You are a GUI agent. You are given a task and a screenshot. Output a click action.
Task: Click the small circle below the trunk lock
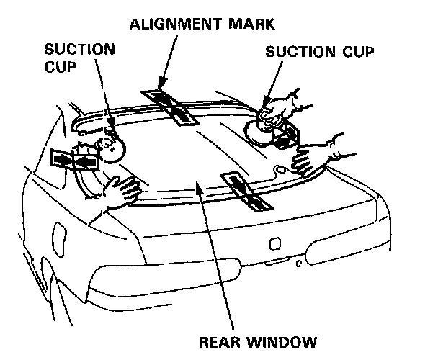tap(298, 263)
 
